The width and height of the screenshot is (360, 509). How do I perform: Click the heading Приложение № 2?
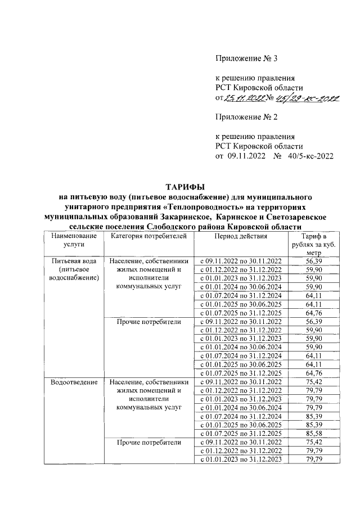(247, 117)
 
